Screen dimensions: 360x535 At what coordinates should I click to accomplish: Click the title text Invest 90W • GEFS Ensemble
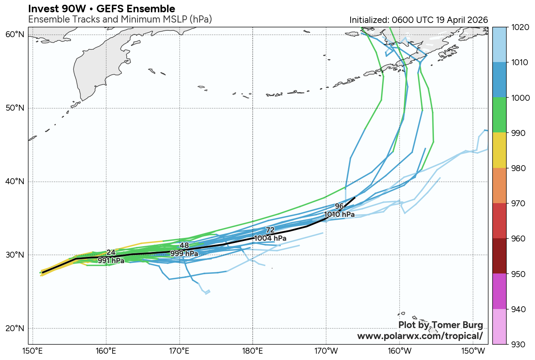[x=102, y=9]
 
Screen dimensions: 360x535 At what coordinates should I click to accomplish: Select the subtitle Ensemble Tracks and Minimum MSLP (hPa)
[x=120, y=19]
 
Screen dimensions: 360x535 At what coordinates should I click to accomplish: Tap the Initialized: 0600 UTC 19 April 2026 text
[x=419, y=20]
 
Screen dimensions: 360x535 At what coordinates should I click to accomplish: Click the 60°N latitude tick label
[x=15, y=35]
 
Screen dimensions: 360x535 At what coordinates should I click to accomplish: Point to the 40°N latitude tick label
[x=15, y=182]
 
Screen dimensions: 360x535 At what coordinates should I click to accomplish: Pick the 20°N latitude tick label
[x=15, y=328]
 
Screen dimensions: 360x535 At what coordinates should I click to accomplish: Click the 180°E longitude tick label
[x=253, y=351]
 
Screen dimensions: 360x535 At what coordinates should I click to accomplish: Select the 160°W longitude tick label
[x=400, y=351]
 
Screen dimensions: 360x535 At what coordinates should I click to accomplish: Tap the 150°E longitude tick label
[x=33, y=351]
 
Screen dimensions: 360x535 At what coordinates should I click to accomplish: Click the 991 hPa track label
[x=111, y=261]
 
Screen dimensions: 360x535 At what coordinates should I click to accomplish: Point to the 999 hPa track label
[x=184, y=253]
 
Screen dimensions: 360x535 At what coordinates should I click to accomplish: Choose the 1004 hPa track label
[x=270, y=238]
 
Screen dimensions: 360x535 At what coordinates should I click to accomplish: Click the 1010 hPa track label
[x=339, y=215]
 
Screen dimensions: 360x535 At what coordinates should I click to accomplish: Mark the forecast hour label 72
[x=270, y=230]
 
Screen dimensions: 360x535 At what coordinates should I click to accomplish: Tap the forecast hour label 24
[x=111, y=253]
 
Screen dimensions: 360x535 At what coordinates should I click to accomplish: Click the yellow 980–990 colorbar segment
[x=499, y=151]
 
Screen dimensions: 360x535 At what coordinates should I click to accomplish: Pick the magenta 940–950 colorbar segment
[x=499, y=291]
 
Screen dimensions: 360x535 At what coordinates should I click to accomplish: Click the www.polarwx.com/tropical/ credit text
[x=420, y=336]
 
